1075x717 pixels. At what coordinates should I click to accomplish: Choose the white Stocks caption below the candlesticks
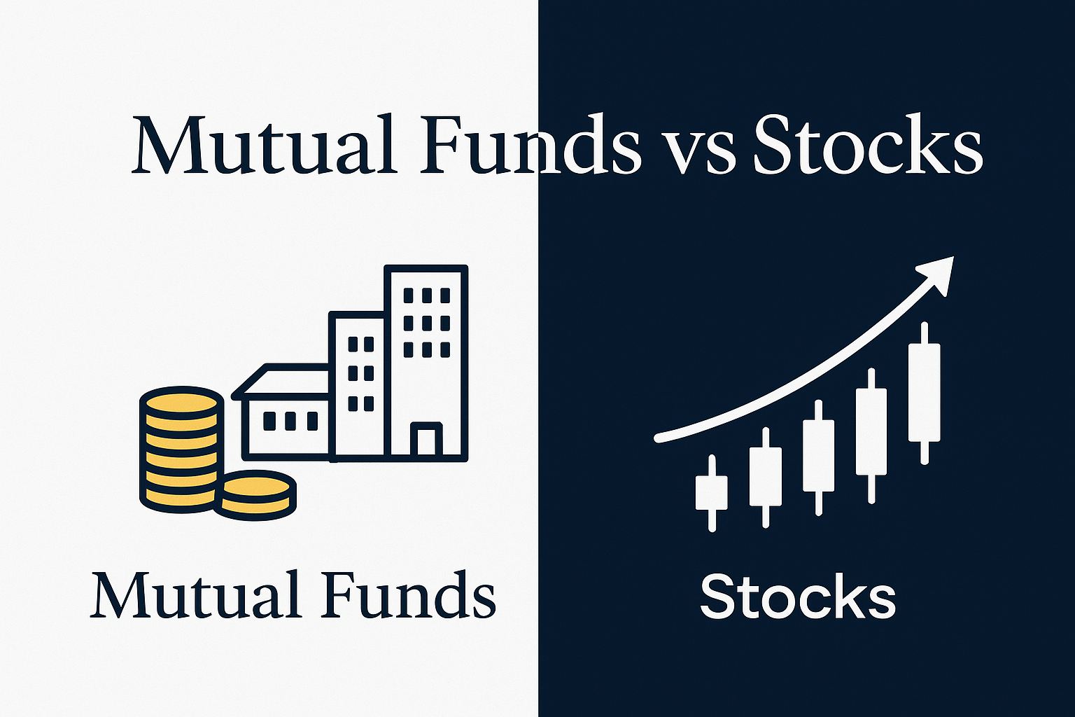tap(798, 597)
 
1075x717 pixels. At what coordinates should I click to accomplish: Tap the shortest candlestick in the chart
tap(712, 493)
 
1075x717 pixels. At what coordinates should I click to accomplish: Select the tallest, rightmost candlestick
tap(925, 392)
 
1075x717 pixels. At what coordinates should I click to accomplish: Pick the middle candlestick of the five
tap(819, 455)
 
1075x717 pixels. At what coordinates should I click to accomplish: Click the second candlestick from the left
tap(766, 476)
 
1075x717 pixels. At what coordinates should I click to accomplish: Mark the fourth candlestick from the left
tap(871, 432)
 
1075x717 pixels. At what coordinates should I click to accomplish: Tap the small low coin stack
tap(255, 494)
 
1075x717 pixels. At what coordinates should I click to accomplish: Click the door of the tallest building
tap(426, 441)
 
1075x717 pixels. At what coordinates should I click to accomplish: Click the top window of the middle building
tap(361, 344)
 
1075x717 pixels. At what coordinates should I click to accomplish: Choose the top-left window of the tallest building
tap(409, 295)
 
